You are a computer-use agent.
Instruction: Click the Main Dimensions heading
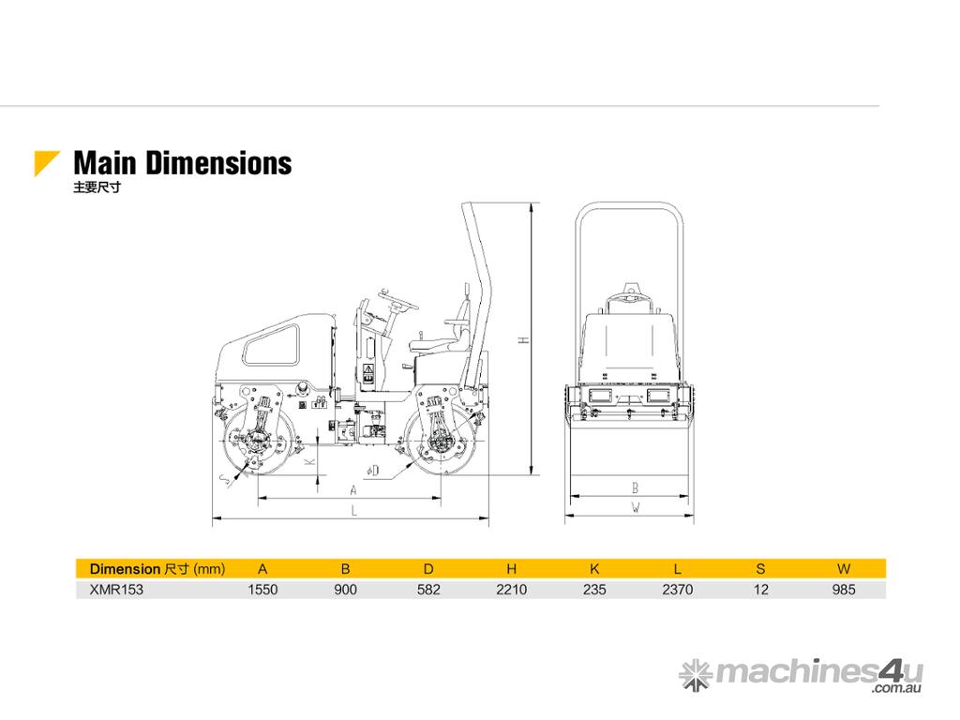tap(183, 163)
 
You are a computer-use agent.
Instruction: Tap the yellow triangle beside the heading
tap(44, 160)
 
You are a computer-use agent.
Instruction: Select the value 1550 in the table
tap(262, 590)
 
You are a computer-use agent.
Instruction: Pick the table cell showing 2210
tap(511, 590)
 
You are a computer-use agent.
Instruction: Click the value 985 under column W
tap(843, 590)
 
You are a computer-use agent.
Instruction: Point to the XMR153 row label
tap(116, 590)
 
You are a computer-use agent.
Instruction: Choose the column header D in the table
tap(428, 569)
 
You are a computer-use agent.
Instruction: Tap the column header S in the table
tap(760, 569)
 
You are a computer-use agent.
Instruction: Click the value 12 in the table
tap(760, 590)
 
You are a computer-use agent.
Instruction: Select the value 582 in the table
tap(428, 590)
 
